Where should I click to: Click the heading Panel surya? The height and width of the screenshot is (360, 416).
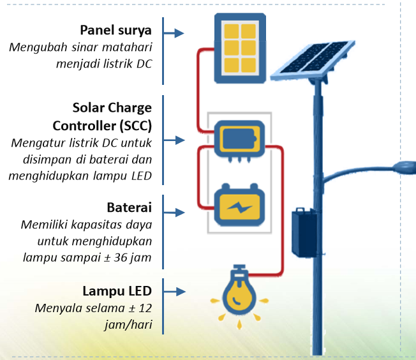point(115,31)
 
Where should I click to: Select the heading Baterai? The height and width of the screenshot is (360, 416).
point(130,208)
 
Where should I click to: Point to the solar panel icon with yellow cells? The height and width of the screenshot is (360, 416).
point(239,49)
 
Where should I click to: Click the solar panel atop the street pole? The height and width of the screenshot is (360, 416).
point(313,59)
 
